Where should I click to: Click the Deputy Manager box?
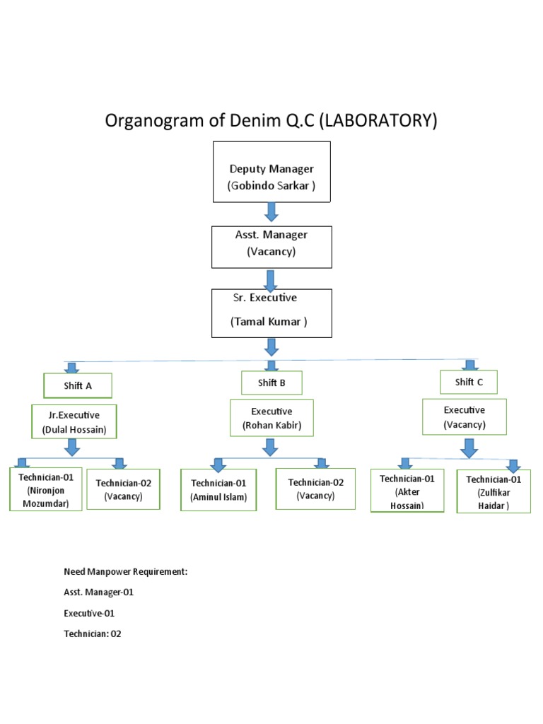coord(271,171)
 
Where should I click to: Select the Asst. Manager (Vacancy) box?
coord(271,247)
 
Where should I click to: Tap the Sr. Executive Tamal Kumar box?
coord(271,312)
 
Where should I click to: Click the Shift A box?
coord(77,386)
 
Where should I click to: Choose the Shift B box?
coord(271,383)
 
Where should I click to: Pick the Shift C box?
coord(469,382)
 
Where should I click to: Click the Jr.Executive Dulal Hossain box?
coord(74,422)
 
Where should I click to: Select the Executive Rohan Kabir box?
coord(271,418)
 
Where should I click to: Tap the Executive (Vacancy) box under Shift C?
coord(465,417)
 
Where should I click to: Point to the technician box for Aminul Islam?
coord(218,490)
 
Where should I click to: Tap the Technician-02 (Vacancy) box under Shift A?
coord(123,489)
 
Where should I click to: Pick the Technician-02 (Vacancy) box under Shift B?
coord(316,489)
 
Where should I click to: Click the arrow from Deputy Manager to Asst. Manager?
coord(271,211)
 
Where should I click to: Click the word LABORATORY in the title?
coord(378,121)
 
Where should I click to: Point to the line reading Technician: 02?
coord(93,634)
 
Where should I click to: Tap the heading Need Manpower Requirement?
coord(125,572)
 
